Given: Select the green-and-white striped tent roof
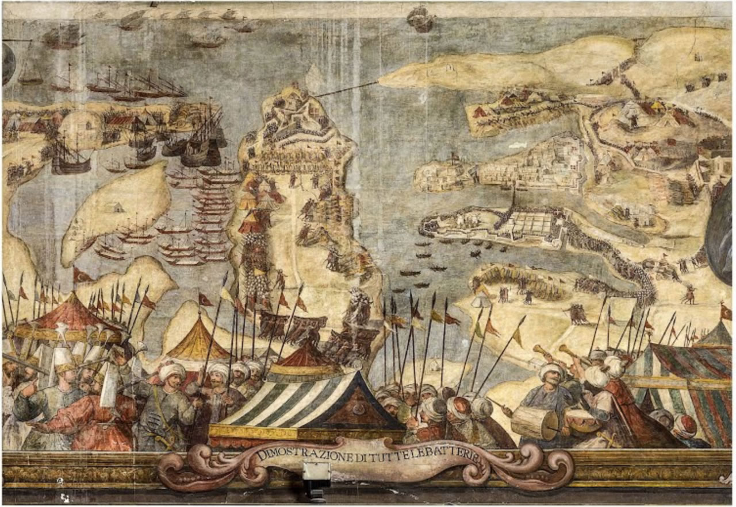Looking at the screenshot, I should pos(305,402).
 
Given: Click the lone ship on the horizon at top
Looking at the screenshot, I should pos(420,20).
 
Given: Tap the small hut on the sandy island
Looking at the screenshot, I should pos(118,208).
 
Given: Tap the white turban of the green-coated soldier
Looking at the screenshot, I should pos(172,371).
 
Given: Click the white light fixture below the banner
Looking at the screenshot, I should pos(316,471).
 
